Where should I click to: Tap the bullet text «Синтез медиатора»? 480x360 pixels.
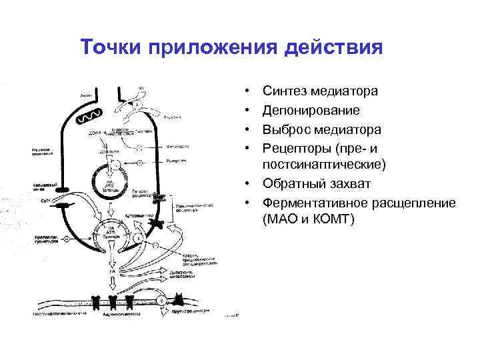pos(321,90)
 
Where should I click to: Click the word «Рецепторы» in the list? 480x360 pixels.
pos(297,147)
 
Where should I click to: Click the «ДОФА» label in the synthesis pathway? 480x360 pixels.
pos(95,133)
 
